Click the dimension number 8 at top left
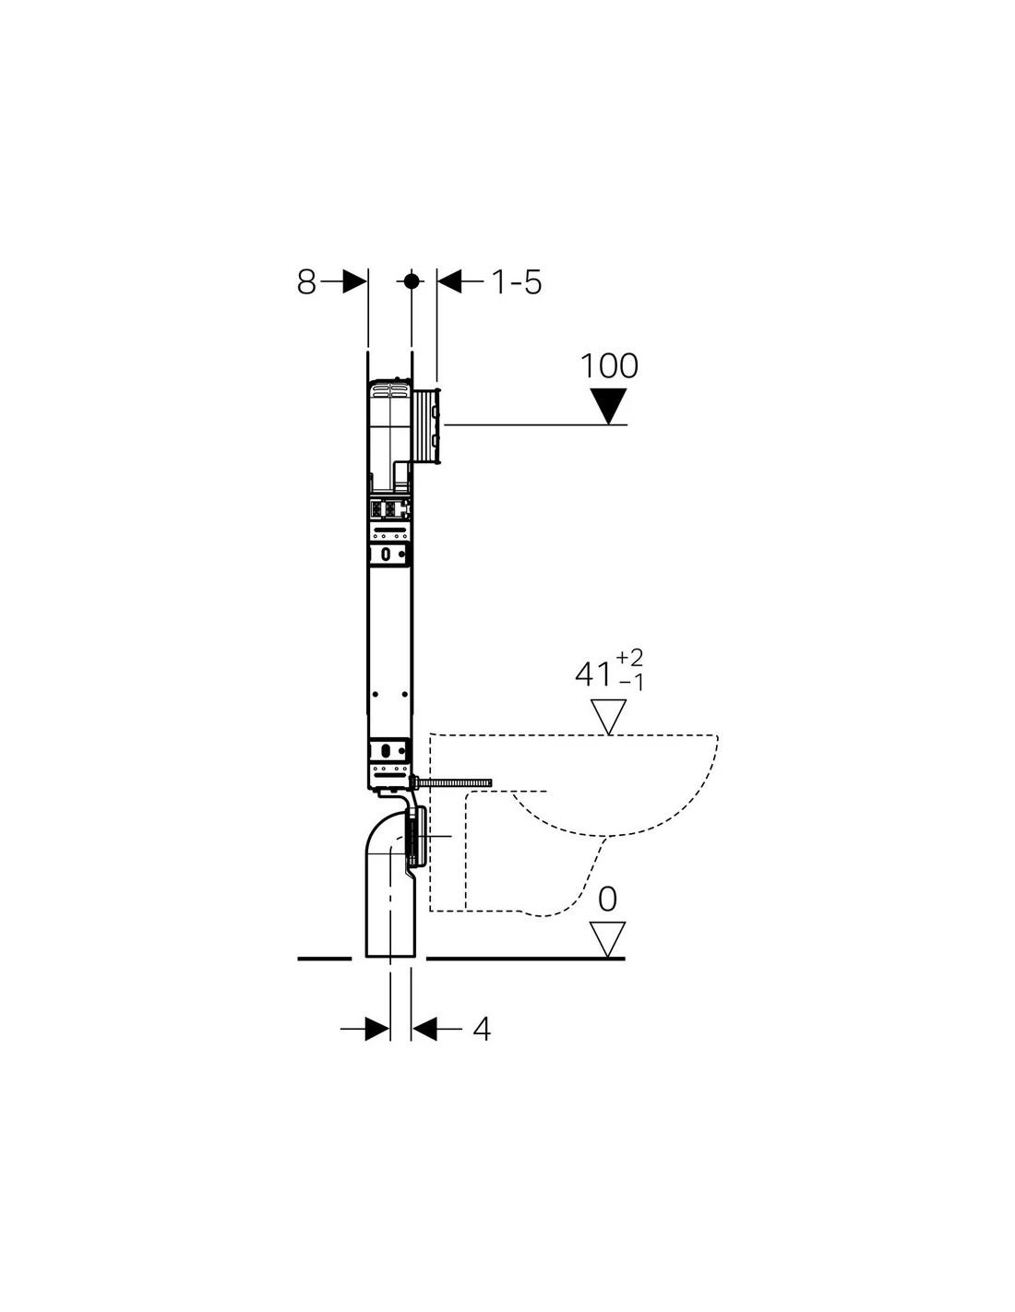point(306,282)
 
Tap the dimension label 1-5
point(517,282)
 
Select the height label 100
point(609,366)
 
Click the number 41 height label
point(593,674)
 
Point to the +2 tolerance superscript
point(629,658)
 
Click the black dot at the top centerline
point(412,281)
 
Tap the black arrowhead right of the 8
point(355,281)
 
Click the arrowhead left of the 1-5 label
point(449,281)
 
